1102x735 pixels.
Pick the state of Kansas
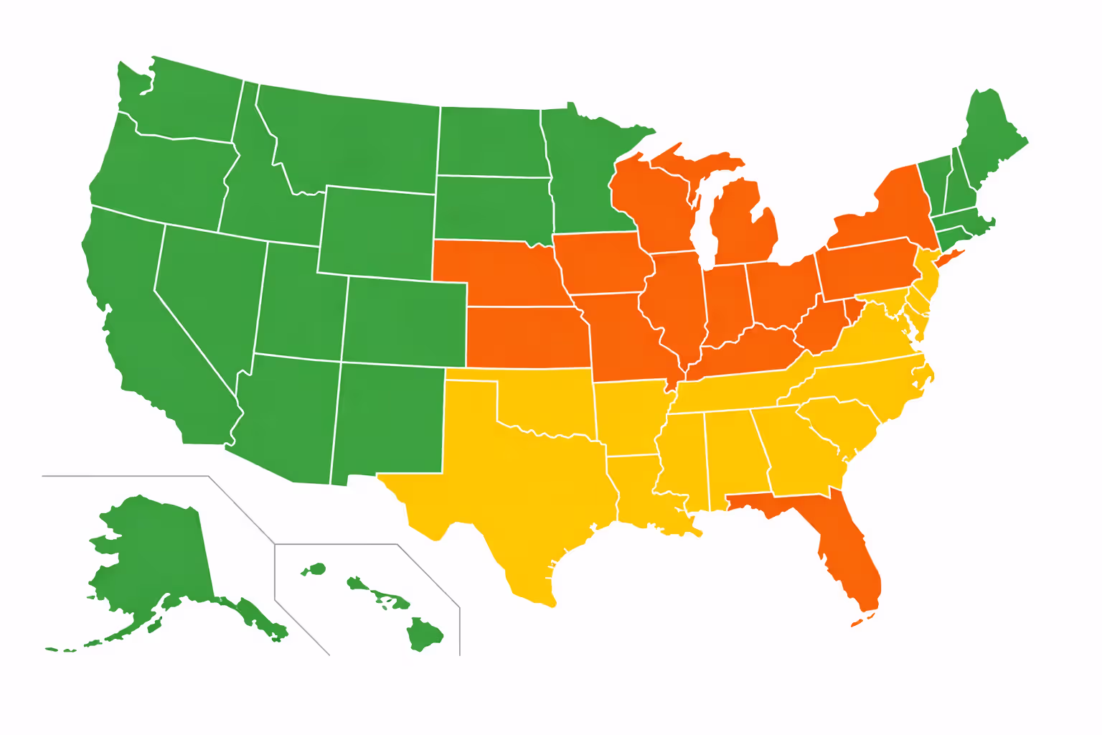pyautogui.click(x=527, y=337)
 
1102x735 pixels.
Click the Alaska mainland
pyautogui.click(x=158, y=553)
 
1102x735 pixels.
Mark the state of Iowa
pyautogui.click(x=603, y=262)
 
